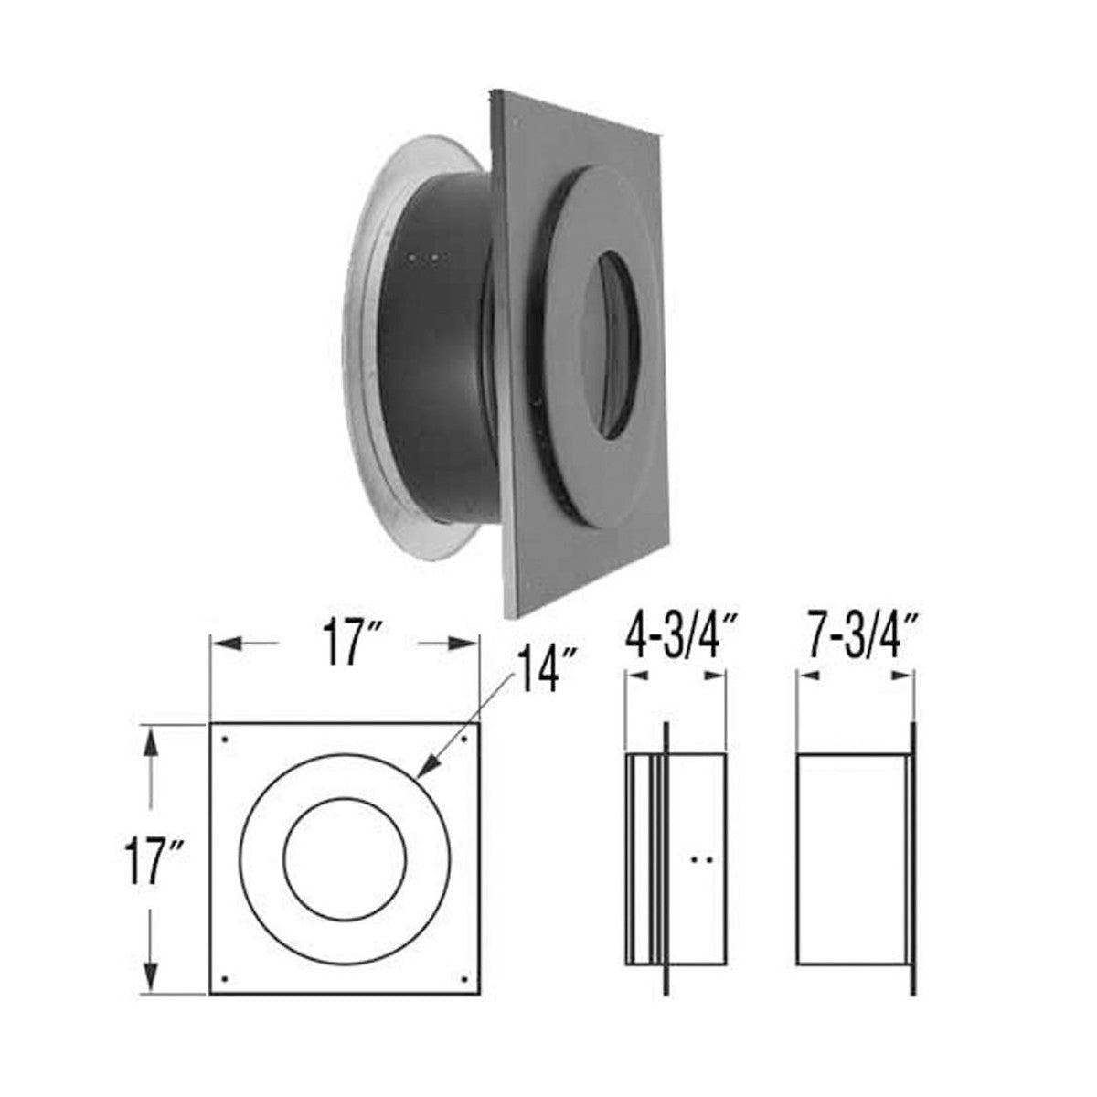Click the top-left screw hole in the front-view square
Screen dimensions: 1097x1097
point(225,739)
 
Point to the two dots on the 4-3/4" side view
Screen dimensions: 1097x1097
point(702,859)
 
